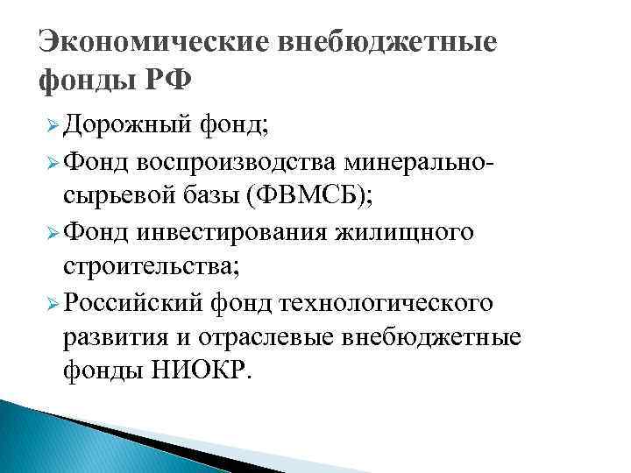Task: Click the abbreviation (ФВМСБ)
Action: pyautogui.click(x=310, y=195)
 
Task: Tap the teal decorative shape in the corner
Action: pyautogui.click(x=53, y=438)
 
